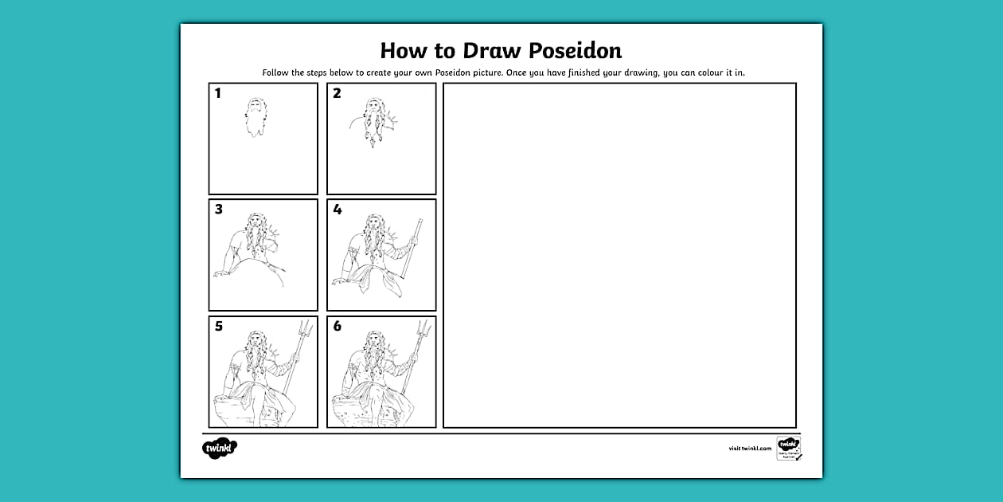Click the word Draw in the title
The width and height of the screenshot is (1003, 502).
(469, 51)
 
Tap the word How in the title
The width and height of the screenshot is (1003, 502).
(406, 51)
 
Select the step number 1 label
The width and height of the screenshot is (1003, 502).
(218, 94)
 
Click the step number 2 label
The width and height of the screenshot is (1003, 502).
(337, 94)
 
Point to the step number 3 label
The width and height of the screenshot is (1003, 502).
(218, 210)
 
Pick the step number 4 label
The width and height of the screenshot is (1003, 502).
(337, 210)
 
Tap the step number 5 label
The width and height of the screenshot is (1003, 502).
(218, 327)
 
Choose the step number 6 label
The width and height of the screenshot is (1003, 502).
(337, 327)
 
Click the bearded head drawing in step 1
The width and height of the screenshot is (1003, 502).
(256, 117)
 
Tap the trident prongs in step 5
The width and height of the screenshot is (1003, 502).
(306, 328)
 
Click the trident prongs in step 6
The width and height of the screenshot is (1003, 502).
(423, 328)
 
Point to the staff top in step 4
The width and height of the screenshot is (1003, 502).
(419, 222)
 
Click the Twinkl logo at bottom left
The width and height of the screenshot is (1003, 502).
(220, 448)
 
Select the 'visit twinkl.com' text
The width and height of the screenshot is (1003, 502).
(750, 449)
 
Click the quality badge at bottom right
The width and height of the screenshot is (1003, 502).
(789, 448)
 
